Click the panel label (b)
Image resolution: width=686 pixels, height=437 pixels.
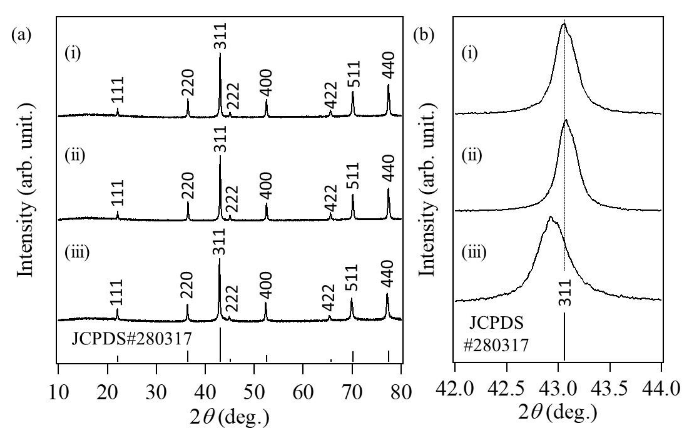pyautogui.click(x=424, y=36)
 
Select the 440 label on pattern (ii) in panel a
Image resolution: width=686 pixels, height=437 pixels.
pyautogui.click(x=388, y=169)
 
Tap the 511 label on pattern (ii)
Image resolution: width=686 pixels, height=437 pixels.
pyautogui.click(x=353, y=176)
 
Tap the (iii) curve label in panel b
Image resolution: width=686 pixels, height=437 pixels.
pyautogui.click(x=474, y=252)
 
